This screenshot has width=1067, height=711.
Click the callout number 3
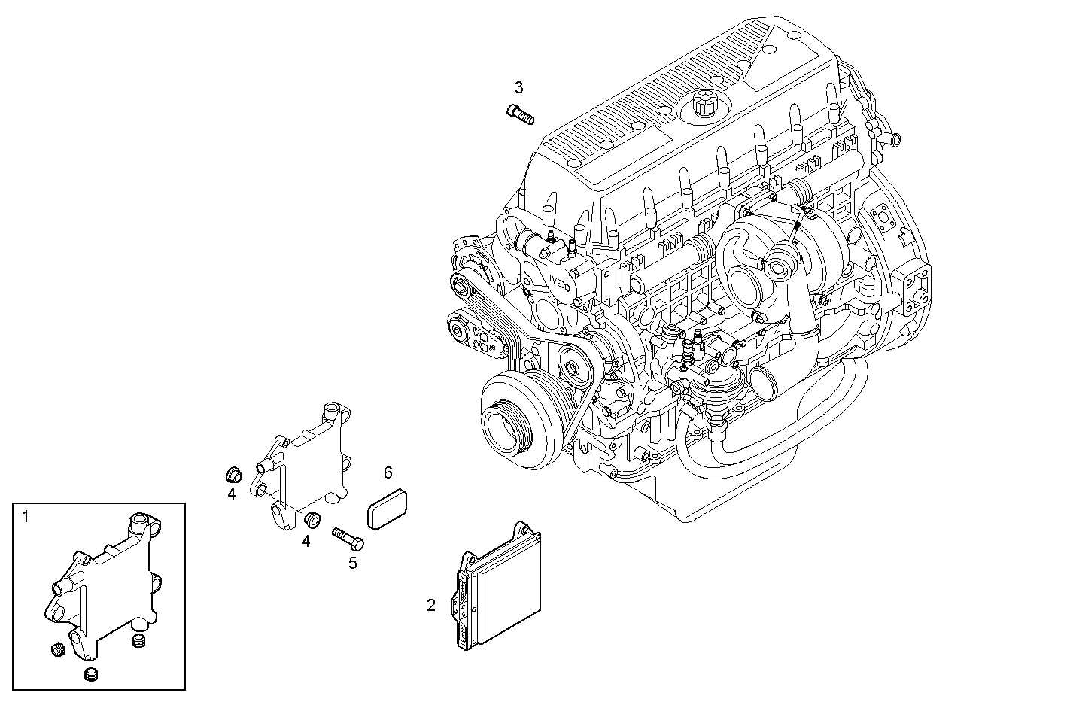(x=518, y=87)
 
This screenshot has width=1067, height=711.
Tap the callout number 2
(x=431, y=605)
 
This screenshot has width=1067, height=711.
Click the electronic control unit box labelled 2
(x=500, y=586)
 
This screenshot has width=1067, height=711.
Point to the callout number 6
(x=388, y=472)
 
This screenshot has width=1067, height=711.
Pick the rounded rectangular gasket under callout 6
(x=388, y=509)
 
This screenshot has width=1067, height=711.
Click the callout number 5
(x=352, y=562)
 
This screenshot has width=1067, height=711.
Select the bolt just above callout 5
(x=348, y=538)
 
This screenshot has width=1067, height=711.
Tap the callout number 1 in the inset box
(x=26, y=517)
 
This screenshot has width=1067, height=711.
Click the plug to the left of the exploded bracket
(x=233, y=474)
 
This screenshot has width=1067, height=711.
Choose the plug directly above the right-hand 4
(x=311, y=518)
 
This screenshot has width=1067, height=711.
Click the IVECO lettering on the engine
(x=558, y=284)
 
